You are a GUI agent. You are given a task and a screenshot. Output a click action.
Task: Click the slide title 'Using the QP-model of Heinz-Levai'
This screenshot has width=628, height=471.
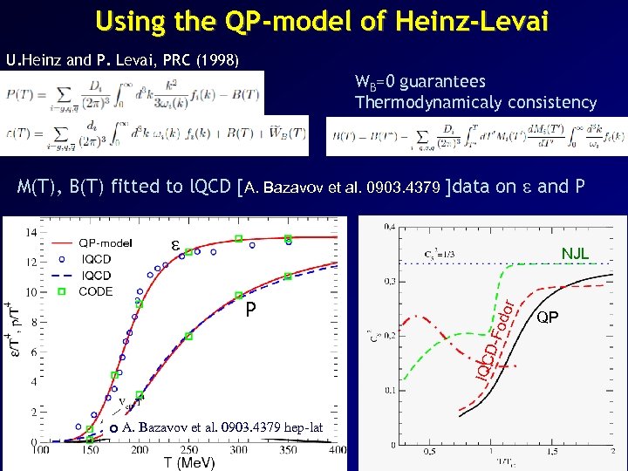tap(322, 21)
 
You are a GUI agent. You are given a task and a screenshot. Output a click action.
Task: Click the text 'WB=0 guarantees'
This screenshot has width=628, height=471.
tap(420, 82)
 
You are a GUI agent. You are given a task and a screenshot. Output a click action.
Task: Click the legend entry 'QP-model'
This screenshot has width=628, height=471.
tap(106, 243)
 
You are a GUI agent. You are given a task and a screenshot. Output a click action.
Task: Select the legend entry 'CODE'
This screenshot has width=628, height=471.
tap(95, 291)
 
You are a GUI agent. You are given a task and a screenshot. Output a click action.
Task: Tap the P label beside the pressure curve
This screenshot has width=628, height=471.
tap(250, 309)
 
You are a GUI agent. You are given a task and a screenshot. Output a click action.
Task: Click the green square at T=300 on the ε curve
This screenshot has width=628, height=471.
tap(238, 238)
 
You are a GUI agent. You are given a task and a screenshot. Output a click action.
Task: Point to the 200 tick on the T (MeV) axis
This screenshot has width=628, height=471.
tap(140, 451)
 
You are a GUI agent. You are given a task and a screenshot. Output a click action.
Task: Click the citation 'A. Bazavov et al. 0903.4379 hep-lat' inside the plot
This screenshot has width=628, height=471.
tap(222, 427)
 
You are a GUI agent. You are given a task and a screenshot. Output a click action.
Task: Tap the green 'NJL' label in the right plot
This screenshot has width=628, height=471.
tap(575, 253)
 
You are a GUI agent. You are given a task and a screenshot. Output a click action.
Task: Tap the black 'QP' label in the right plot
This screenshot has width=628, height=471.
tap(548, 317)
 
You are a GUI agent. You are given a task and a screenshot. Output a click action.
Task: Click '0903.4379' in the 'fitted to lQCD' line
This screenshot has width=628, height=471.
tap(411, 187)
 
